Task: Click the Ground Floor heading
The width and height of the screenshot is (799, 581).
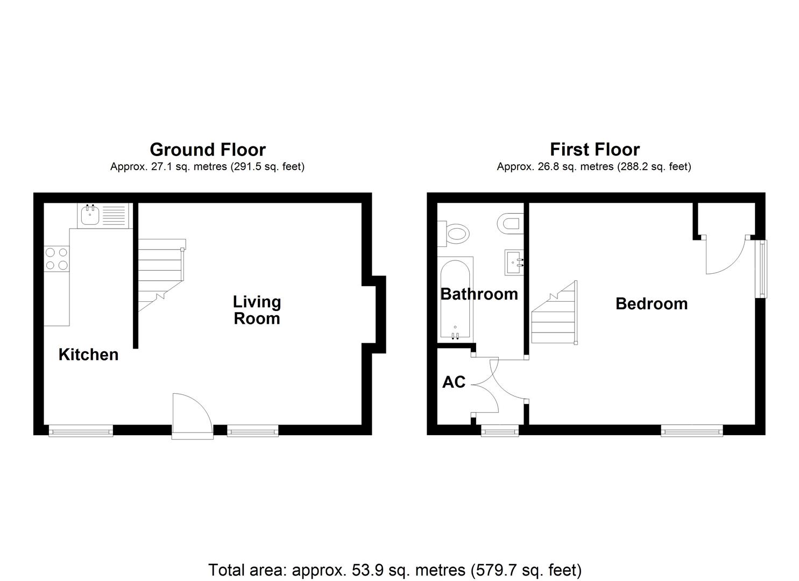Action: point(207,149)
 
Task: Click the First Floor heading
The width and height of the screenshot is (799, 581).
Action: point(595,149)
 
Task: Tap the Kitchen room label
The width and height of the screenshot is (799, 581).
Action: point(88,355)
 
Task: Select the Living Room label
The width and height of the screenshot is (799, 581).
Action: point(257,310)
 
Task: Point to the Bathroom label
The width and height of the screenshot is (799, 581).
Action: point(479,294)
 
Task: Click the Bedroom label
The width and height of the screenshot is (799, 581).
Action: point(651,303)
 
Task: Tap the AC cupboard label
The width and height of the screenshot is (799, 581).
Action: point(454,382)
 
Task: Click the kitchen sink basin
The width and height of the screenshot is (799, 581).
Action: point(89,215)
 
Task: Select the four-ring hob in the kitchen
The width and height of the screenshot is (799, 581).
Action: point(56,258)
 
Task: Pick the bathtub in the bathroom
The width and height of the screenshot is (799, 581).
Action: point(456,299)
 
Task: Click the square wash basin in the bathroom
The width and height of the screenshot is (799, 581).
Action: point(514,263)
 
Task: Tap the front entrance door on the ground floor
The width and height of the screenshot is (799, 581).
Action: point(192,417)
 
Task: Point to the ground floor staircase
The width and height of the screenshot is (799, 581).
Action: point(160,274)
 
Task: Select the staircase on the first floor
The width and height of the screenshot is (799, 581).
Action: point(554,315)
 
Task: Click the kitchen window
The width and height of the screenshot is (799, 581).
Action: point(81,430)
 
